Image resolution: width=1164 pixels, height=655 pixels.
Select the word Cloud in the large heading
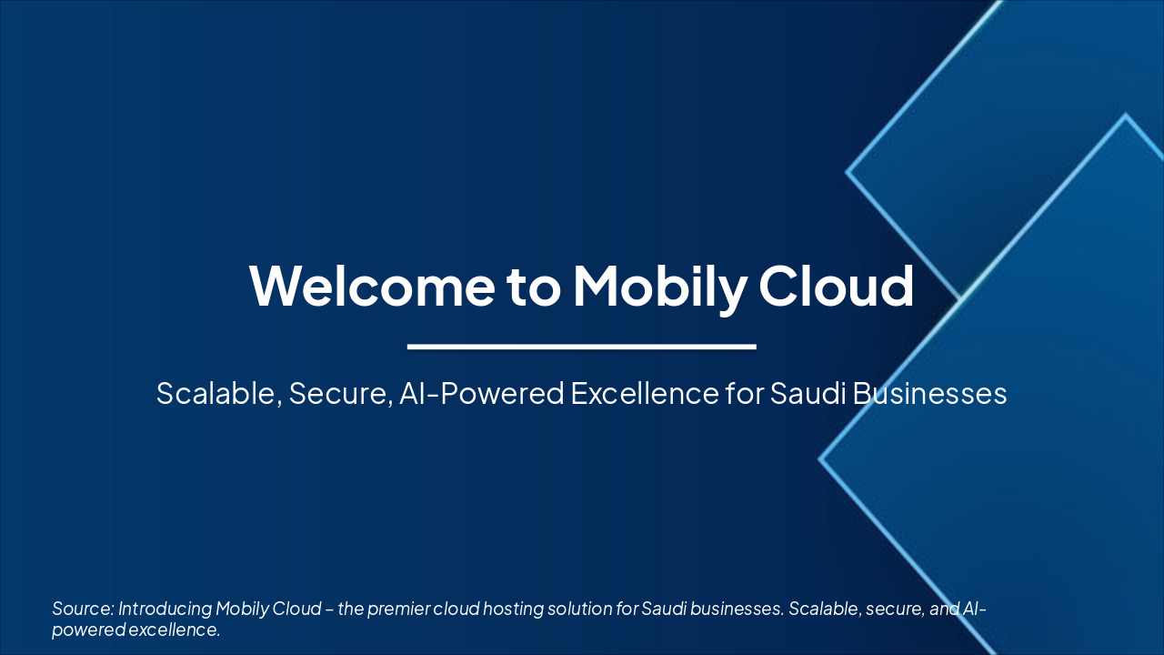tap(836, 284)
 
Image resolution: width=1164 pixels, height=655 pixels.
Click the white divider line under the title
tap(582, 347)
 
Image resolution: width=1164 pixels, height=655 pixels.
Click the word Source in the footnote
tap(82, 609)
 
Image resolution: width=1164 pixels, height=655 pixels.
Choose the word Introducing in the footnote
tap(165, 609)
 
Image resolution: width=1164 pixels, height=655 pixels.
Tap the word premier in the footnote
tap(401, 609)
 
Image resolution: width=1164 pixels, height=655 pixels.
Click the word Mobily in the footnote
tap(243, 609)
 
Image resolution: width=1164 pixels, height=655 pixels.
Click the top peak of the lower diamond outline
tap(1126, 116)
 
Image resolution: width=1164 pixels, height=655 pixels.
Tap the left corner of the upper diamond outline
tap(848, 171)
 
